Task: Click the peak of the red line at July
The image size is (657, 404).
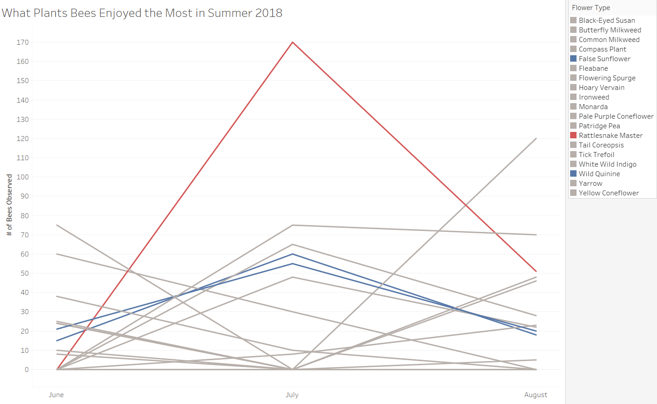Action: click(293, 42)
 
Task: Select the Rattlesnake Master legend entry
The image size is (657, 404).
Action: click(610, 136)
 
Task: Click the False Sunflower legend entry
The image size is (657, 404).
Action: click(604, 59)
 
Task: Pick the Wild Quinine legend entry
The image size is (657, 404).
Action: click(599, 174)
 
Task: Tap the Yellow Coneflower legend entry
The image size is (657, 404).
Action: click(609, 193)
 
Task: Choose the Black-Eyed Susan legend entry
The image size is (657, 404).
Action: click(607, 21)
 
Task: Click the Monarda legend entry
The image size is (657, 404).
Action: click(593, 107)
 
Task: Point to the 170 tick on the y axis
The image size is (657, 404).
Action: click(23, 42)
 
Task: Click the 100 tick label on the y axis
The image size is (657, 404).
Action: click(23, 177)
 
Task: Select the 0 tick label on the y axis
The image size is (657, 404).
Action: click(27, 370)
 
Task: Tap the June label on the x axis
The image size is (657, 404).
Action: click(56, 395)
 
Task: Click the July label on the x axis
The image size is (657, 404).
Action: click(292, 395)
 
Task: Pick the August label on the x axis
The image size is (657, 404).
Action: click(535, 395)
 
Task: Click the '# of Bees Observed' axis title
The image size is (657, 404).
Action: click(10, 205)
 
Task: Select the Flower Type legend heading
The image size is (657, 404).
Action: click(591, 8)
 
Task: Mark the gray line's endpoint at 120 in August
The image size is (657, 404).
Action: click(536, 138)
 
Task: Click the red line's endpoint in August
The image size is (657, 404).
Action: click(536, 271)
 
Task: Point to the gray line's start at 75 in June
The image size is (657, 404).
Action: click(57, 225)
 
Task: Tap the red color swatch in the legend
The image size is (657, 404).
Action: click(573, 136)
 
